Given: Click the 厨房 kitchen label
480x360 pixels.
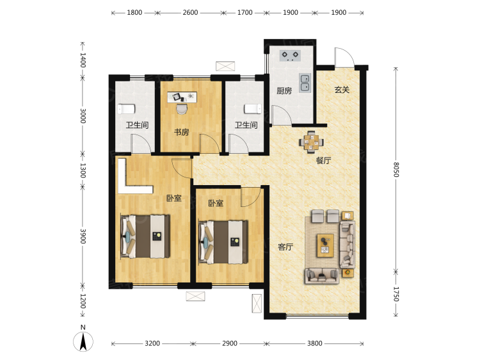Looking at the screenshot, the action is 284,91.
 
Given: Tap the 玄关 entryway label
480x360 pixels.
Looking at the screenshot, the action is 342,90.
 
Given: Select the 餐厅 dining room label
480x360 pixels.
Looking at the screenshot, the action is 323,161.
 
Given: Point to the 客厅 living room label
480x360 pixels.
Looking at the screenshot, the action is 285,247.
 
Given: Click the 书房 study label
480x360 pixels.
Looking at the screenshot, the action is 182,133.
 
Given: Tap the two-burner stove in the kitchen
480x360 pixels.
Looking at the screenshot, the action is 290,56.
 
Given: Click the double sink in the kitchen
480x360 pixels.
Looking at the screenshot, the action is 305,83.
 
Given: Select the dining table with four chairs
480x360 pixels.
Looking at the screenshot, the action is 311,142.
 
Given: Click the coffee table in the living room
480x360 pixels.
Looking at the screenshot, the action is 325,245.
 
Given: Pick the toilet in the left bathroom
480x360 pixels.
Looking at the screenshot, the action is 127,109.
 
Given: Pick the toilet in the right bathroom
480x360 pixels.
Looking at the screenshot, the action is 253,109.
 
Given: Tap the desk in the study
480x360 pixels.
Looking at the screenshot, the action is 182,97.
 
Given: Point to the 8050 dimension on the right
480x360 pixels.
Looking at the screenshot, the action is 396,169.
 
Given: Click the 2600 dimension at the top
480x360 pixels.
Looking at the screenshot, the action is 190,13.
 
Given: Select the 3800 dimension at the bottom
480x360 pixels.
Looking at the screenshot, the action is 315,343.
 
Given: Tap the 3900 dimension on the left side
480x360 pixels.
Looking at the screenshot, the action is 83,236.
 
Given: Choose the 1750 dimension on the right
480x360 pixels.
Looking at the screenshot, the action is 396,294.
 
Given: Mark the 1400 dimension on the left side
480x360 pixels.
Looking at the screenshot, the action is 83,60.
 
